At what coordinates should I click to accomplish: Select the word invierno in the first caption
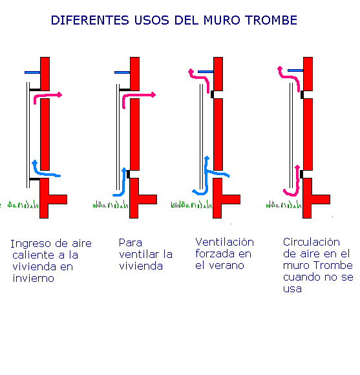[x=32, y=279]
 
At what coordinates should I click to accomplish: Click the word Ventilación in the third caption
[x=224, y=242]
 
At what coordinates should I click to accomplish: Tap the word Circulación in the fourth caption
[x=312, y=242]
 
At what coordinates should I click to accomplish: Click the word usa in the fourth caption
[x=292, y=288]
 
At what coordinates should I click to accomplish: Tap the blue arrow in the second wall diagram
[x=121, y=184]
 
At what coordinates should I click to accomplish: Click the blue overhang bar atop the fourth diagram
[x=295, y=70]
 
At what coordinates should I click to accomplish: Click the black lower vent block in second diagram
[x=128, y=173]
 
